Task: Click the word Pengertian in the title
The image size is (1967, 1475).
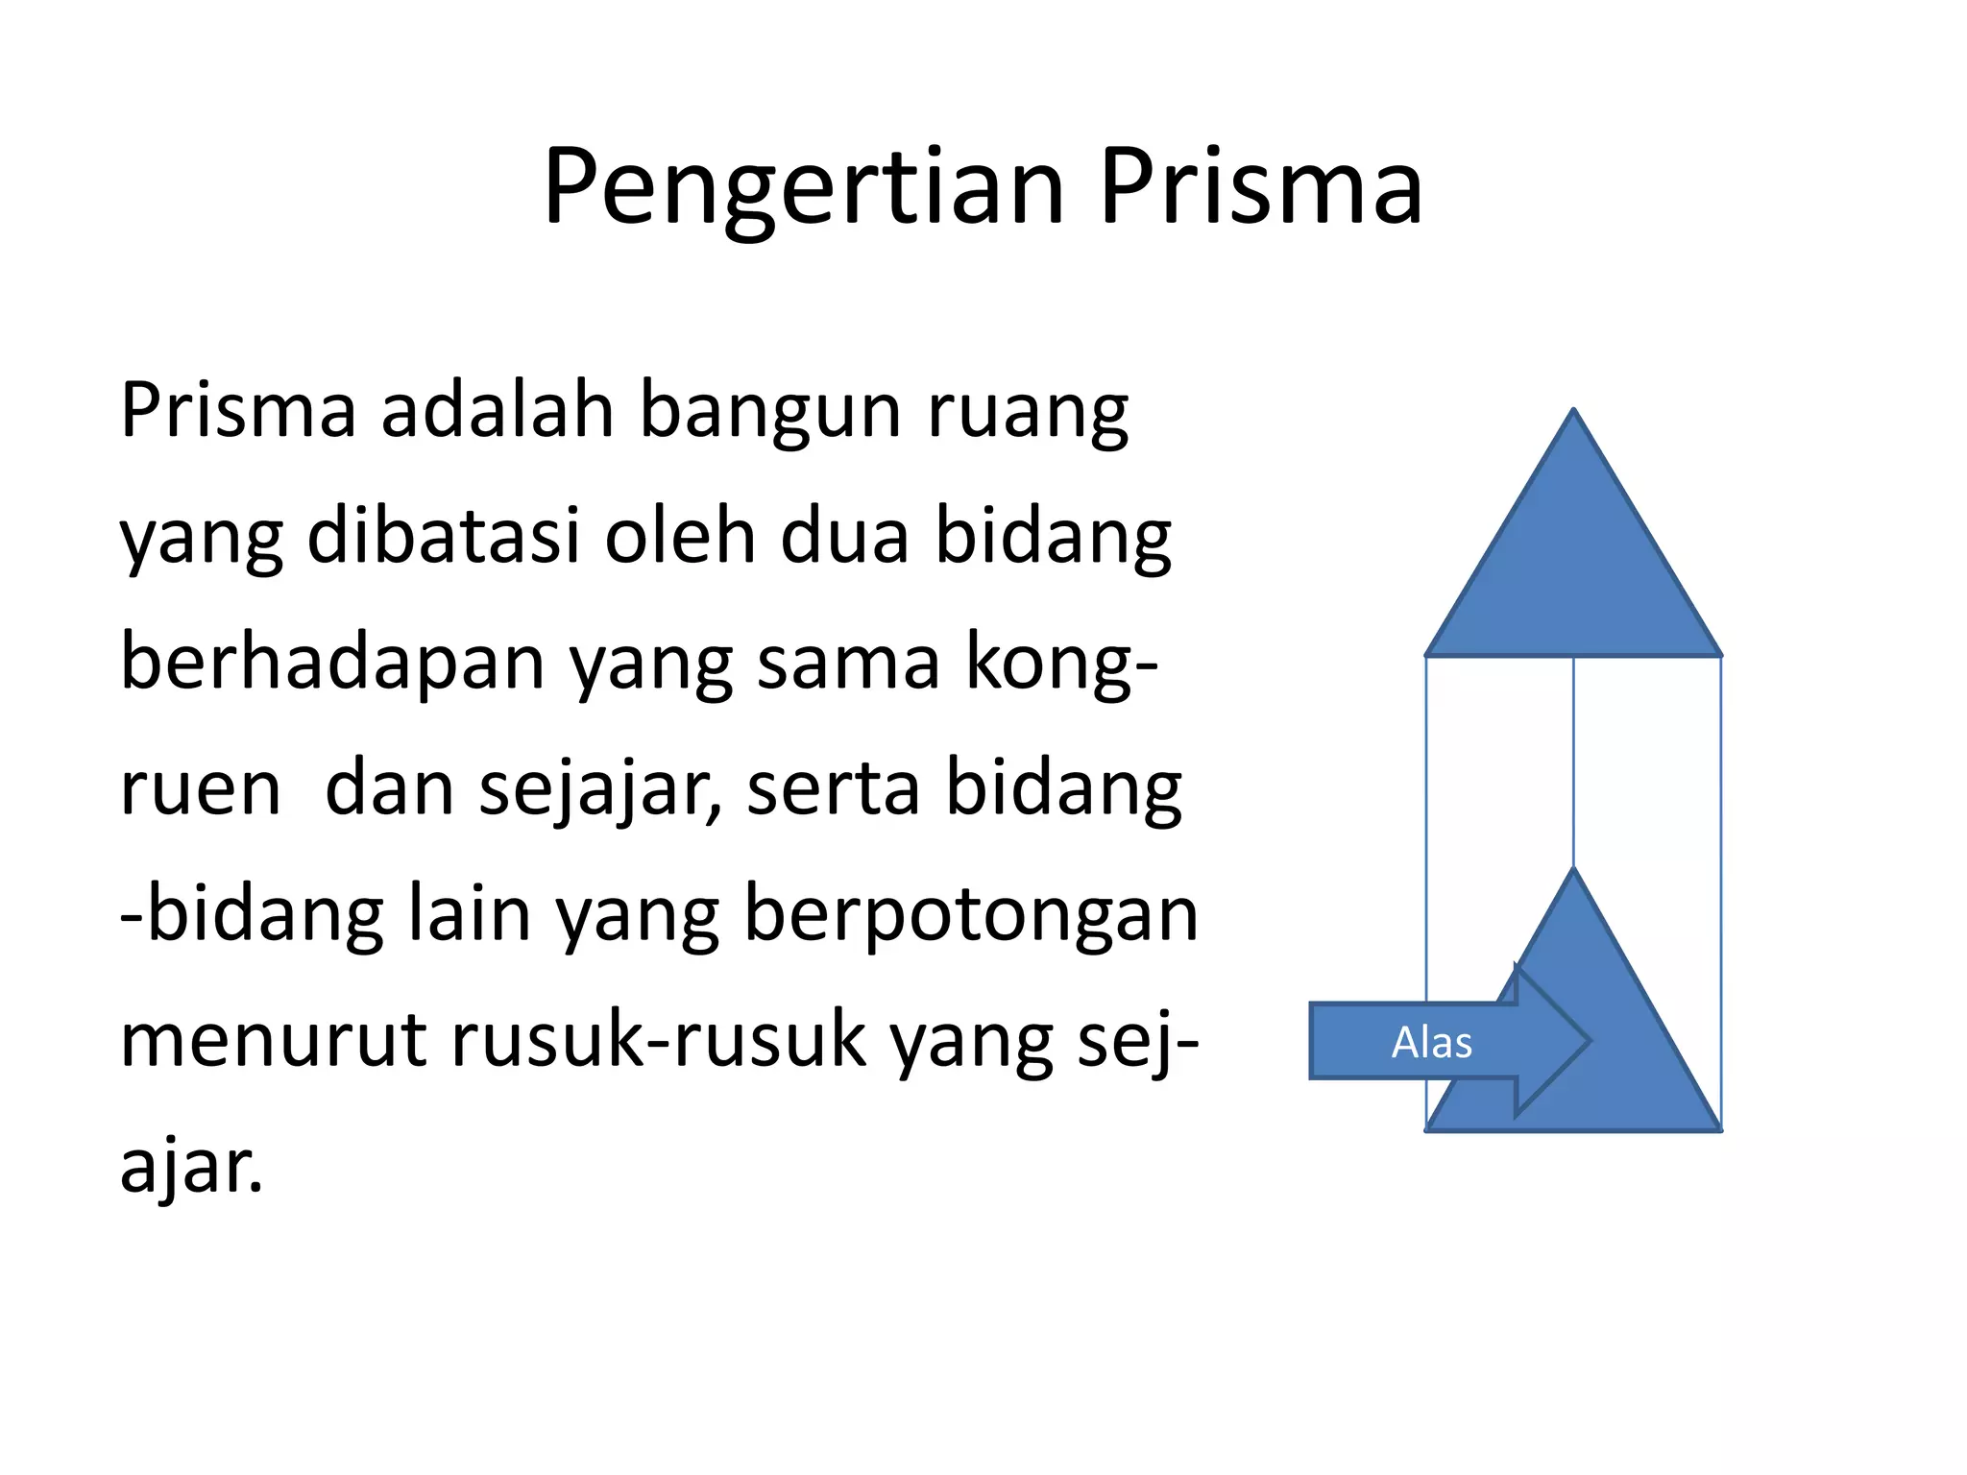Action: [803, 188]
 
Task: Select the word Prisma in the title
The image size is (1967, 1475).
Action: [1260, 188]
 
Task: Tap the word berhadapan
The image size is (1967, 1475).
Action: [332, 665]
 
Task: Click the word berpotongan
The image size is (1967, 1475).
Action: [971, 916]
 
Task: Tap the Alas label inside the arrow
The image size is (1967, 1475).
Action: [1431, 1043]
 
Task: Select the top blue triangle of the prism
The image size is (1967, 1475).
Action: [1573, 576]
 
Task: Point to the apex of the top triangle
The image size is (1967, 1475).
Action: [1573, 411]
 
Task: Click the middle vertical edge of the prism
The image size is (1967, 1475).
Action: [1573, 759]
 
